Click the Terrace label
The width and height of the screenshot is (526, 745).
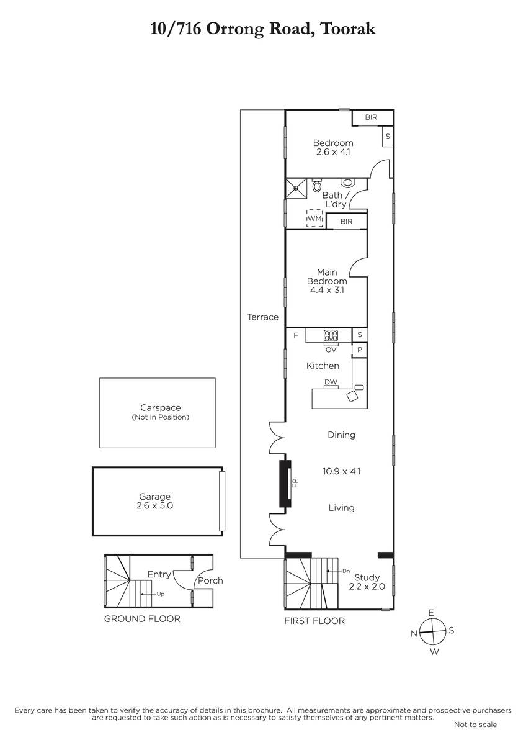point(262,317)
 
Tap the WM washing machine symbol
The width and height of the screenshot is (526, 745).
point(314,218)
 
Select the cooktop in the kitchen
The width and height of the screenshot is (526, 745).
point(331,335)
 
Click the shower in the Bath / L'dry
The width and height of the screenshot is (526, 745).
point(296,188)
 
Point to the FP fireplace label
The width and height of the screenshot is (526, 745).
point(295,482)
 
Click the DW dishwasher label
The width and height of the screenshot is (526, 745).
point(331,382)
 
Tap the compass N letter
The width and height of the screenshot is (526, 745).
point(414,634)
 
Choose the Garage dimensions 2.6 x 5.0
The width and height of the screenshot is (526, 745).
point(154,505)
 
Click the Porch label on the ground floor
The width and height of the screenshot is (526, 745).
point(210,580)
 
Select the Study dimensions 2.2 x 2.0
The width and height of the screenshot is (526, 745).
point(367,586)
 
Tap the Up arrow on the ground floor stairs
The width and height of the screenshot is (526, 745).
point(148,594)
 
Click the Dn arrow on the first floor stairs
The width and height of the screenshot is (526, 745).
point(334,571)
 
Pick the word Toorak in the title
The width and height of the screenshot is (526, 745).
point(348,29)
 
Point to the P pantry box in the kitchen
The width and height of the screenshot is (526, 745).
point(360,350)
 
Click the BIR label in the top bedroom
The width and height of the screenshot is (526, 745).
point(371,117)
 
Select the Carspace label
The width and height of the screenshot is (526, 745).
point(161,407)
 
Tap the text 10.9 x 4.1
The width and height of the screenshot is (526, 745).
point(342,471)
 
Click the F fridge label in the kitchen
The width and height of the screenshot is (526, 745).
point(296,335)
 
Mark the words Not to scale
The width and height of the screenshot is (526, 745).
point(476,725)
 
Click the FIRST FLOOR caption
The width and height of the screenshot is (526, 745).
point(314,621)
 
